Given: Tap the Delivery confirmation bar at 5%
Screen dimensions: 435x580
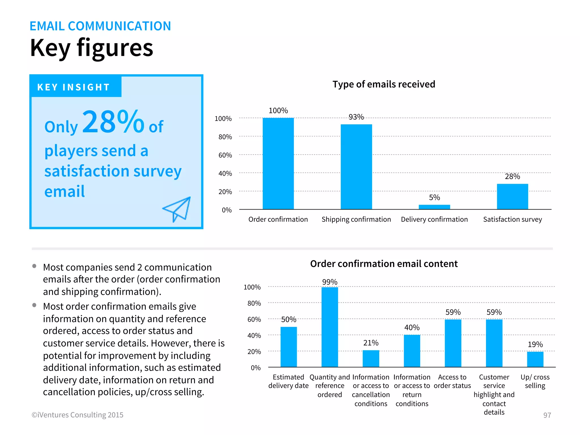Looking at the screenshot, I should (x=434, y=207).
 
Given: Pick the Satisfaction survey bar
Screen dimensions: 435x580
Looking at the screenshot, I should (x=512, y=197).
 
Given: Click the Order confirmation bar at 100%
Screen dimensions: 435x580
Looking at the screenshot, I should (x=278, y=163).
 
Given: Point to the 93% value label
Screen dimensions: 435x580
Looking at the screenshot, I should (x=356, y=117).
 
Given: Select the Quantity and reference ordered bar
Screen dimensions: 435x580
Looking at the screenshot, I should (x=330, y=327).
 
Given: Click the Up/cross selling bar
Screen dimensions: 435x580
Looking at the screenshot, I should (x=535, y=359).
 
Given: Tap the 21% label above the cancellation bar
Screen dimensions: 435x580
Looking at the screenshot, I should (x=371, y=343).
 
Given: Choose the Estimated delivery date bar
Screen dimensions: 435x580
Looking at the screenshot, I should (x=289, y=347).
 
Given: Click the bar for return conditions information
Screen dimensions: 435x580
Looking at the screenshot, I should (x=412, y=351).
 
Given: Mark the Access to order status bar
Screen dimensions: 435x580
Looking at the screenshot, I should (x=453, y=343).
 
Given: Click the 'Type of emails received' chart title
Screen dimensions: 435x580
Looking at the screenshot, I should (x=384, y=84).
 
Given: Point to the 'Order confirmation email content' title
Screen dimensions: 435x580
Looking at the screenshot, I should (x=384, y=264).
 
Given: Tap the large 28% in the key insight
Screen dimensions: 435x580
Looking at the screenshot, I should (x=113, y=122).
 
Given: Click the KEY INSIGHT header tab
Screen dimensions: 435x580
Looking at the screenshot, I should (x=74, y=87).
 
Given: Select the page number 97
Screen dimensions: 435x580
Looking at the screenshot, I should (x=547, y=415).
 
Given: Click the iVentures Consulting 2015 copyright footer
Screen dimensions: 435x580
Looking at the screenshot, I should (x=77, y=415).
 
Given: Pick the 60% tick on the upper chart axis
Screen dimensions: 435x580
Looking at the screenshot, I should (x=225, y=155).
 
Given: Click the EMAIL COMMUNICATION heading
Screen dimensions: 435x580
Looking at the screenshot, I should (x=100, y=26).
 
